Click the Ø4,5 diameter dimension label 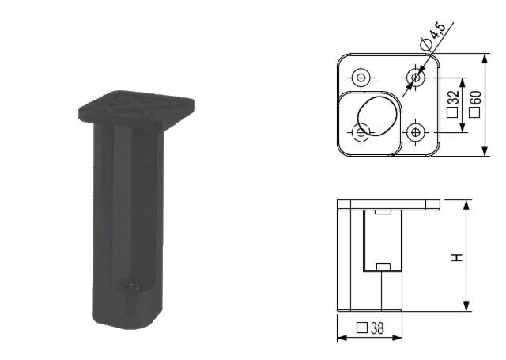coord(433,36)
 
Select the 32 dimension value coord(453,97)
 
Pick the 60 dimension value coord(476,97)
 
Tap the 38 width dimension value coord(377,328)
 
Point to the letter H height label coord(457,257)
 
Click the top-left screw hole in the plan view coord(361,78)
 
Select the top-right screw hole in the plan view coord(416,78)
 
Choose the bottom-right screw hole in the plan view coord(416,132)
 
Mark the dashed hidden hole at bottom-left coord(361,132)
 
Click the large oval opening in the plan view coord(377,116)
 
